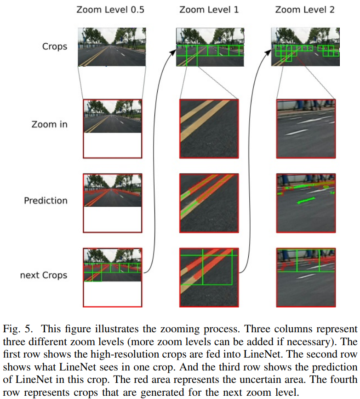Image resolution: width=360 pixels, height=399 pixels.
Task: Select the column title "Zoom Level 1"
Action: click(x=209, y=9)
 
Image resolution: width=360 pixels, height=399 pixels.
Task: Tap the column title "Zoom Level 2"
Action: click(x=305, y=9)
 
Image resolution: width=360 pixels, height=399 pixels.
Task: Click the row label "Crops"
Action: click(x=55, y=46)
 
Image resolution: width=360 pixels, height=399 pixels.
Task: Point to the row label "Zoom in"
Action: click(x=49, y=124)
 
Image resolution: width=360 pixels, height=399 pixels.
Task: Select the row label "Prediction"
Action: click(x=46, y=201)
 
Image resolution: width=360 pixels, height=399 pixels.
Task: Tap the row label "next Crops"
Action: click(x=44, y=275)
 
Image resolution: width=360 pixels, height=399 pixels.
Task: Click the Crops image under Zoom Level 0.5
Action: click(x=112, y=47)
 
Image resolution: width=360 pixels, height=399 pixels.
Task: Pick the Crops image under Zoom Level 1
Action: click(x=210, y=47)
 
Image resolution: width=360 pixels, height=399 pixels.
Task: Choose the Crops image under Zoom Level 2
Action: click(x=305, y=47)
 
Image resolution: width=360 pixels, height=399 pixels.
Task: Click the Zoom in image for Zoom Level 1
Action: click(x=209, y=128)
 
